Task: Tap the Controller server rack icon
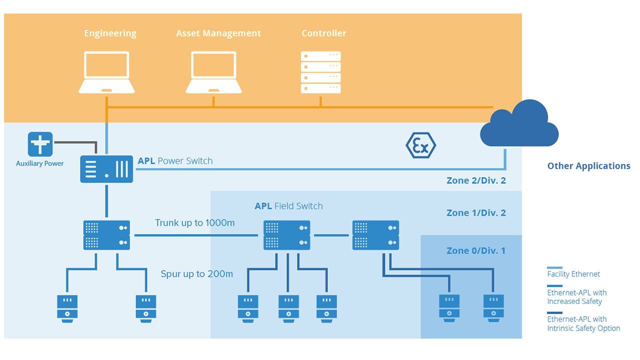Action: (320, 72)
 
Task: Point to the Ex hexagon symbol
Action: (420, 145)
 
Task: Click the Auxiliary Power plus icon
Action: (40, 144)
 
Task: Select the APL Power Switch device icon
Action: (106, 168)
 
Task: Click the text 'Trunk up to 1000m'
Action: (194, 222)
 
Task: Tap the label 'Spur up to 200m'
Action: (196, 274)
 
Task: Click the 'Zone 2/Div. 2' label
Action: (476, 180)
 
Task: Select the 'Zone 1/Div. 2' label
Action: (476, 212)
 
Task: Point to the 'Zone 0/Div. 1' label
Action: (476, 250)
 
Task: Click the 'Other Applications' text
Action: (588, 166)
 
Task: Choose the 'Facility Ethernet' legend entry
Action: (573, 274)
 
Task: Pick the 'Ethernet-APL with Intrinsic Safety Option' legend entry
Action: (583, 323)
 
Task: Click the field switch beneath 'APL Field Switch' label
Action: (287, 235)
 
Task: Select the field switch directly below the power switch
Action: (106, 235)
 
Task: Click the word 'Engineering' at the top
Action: (110, 33)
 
